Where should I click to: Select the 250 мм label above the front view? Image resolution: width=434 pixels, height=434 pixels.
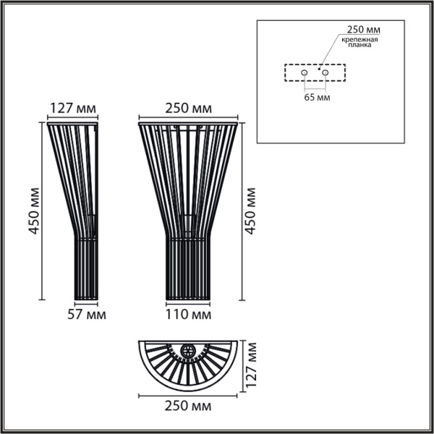point(188,109)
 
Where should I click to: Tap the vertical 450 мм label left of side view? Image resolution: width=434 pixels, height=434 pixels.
point(33,211)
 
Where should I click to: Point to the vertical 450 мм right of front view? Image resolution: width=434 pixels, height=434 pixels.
point(251,211)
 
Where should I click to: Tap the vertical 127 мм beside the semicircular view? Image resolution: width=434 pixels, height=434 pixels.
point(252,367)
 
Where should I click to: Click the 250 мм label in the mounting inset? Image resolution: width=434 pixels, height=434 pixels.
point(364,30)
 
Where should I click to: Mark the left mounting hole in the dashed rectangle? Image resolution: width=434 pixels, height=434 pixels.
point(305,74)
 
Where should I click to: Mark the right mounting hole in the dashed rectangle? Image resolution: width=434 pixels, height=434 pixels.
point(325,74)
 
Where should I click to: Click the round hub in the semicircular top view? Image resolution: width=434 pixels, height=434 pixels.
point(190,351)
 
